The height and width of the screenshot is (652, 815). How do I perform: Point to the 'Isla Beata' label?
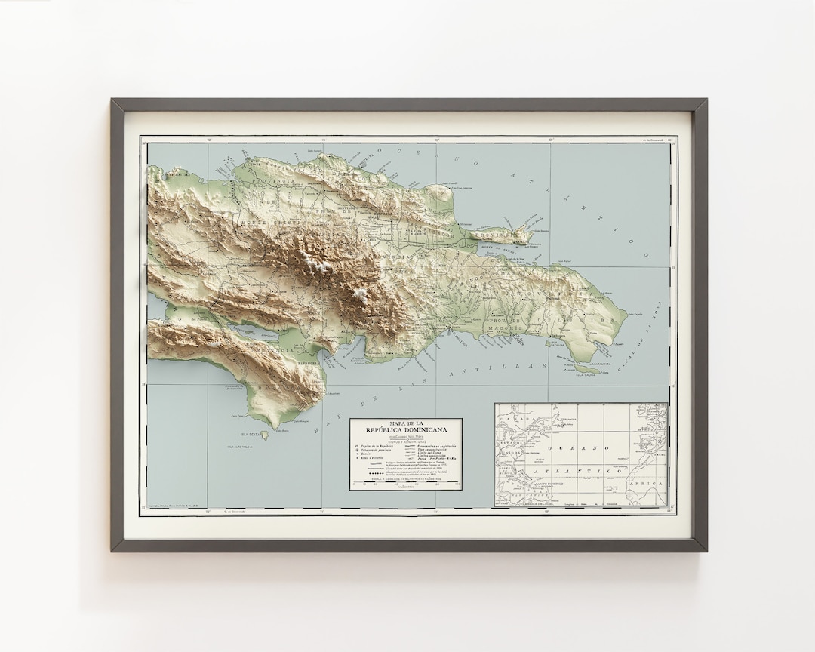[x=250, y=435]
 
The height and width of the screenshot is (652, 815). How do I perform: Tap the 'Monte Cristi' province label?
[x=260, y=224]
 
